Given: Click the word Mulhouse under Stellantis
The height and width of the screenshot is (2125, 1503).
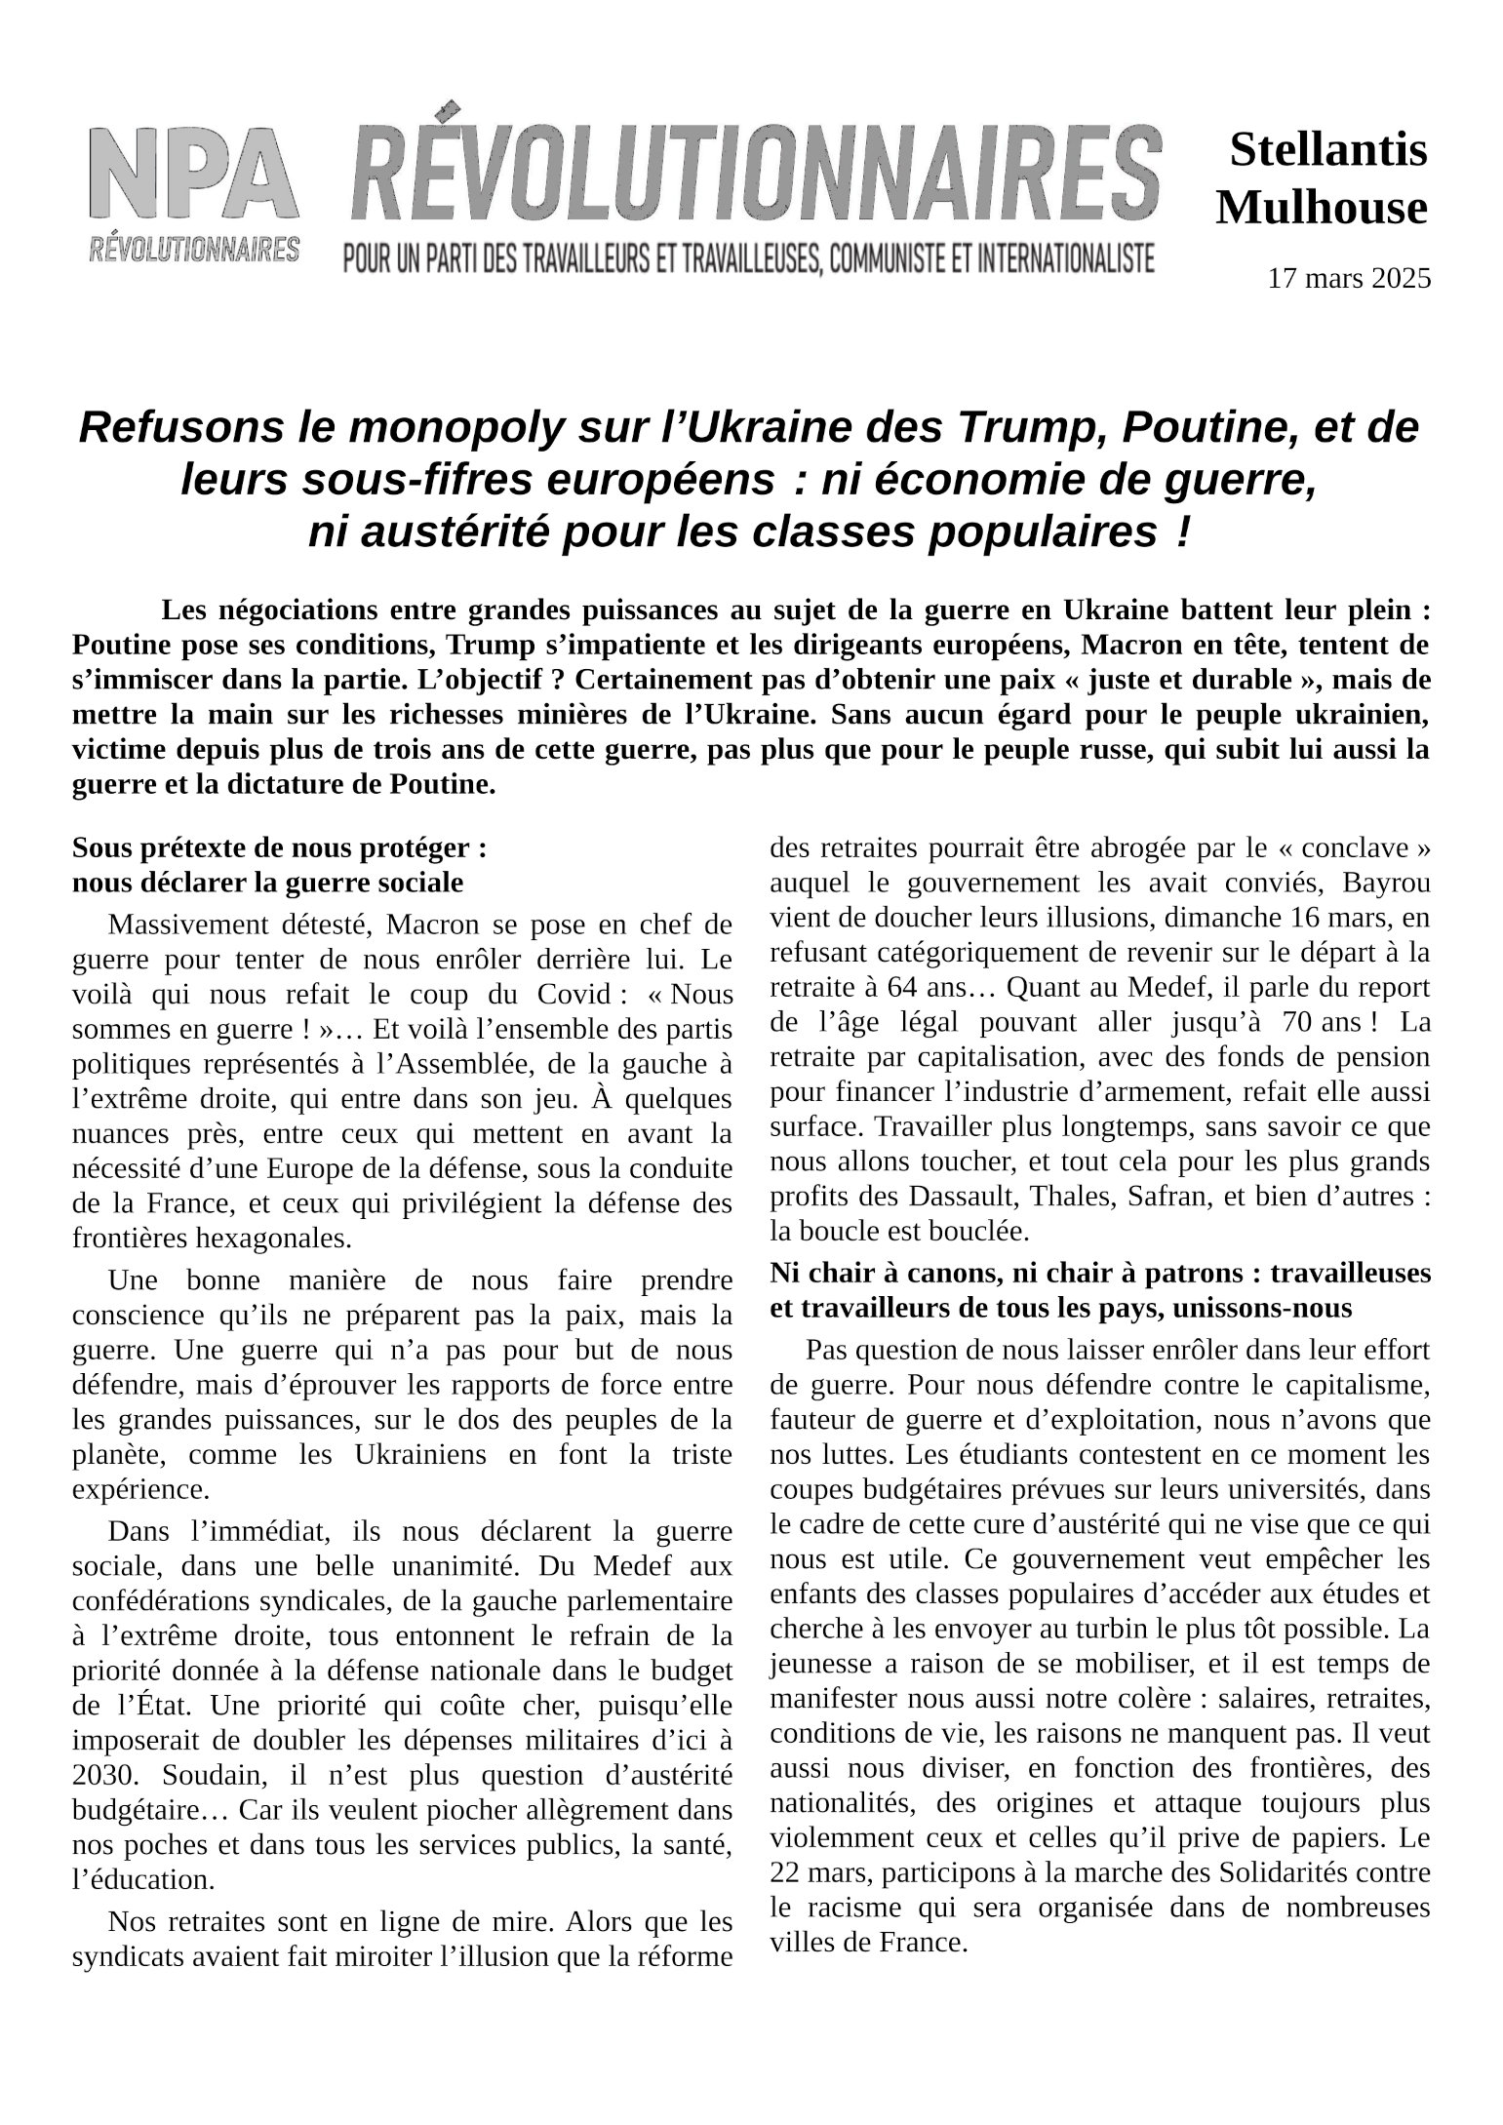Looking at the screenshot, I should (x=1321, y=208).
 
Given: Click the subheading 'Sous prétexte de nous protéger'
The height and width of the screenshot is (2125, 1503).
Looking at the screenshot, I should (x=280, y=847).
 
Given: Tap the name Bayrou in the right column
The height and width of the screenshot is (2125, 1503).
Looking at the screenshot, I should (x=1386, y=883).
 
